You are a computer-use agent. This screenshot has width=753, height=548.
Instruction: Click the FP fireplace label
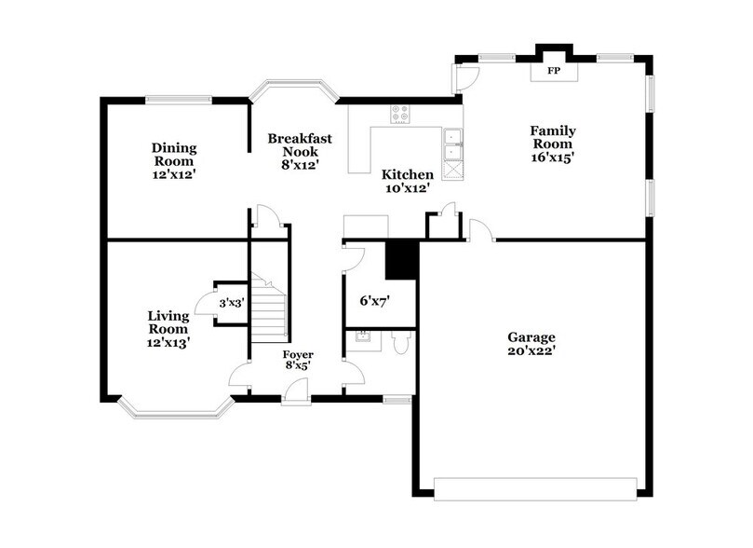553,71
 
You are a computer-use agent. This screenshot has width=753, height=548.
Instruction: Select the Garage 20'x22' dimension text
531,351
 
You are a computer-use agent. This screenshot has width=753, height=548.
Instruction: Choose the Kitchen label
407,174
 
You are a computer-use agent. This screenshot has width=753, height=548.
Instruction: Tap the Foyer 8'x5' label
298,360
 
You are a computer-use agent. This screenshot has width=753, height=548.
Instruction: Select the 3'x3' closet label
231,303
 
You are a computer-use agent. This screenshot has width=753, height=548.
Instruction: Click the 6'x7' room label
374,301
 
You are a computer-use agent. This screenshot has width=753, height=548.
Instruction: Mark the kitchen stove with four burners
400,114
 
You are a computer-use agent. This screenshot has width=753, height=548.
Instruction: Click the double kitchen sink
453,145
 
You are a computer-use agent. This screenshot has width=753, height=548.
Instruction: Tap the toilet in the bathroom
401,343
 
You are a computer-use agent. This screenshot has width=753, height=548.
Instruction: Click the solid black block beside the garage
401,258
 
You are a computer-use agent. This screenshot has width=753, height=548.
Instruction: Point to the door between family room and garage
480,231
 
